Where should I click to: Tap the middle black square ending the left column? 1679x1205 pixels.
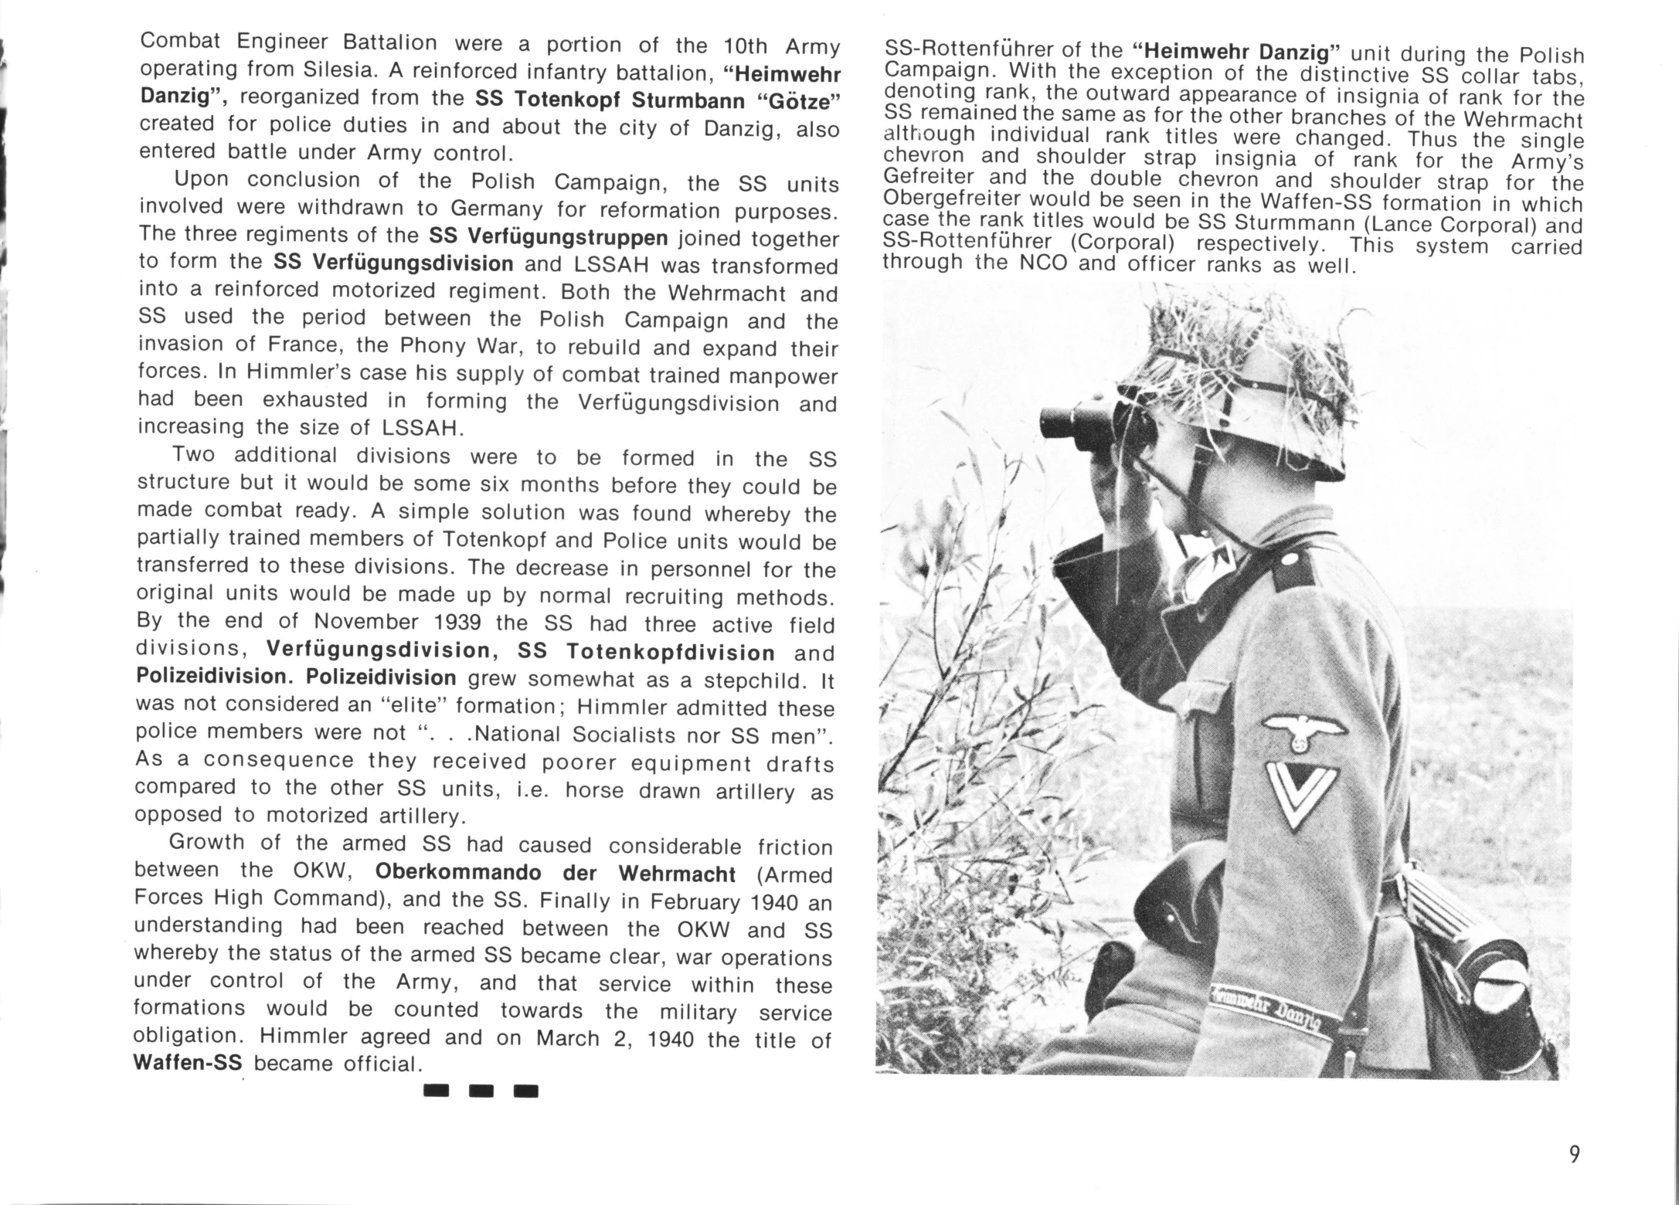click(481, 1091)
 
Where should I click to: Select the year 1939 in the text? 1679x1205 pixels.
click(462, 623)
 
